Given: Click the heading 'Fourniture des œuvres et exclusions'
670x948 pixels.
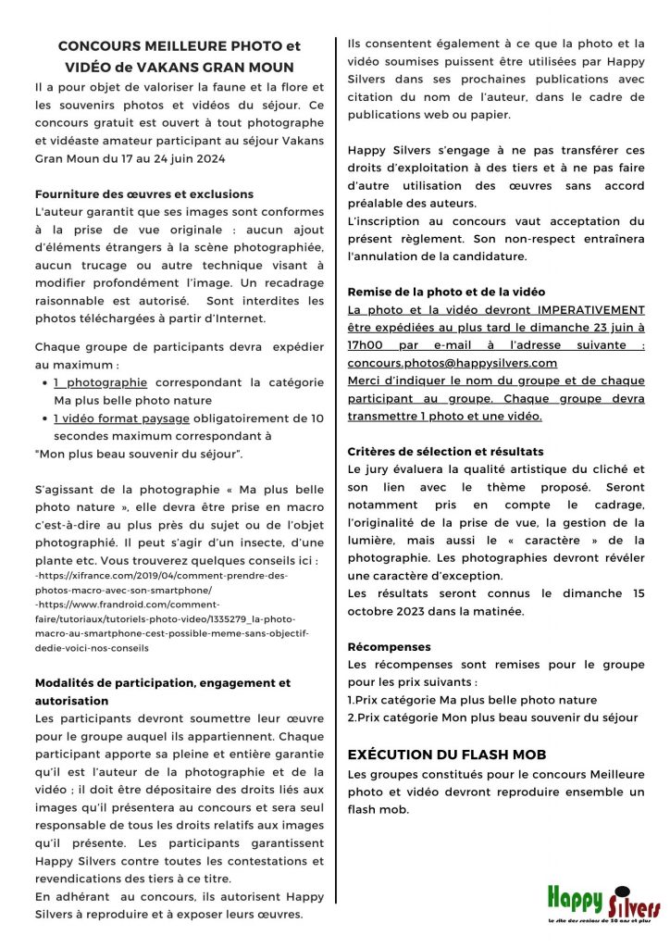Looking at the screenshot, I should click(x=143, y=194).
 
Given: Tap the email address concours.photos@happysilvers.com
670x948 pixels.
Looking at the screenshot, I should click(x=453, y=363).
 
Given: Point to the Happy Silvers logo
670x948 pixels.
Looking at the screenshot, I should click(x=603, y=903).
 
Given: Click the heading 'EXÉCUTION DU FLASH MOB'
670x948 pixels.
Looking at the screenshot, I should click(x=446, y=754).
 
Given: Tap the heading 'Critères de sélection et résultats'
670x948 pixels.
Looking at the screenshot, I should click(x=445, y=452).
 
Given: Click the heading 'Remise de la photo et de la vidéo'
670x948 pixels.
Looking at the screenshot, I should click(x=446, y=292).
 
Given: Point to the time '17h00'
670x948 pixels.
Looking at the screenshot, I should click(x=368, y=345).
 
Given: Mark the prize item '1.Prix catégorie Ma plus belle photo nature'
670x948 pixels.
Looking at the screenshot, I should click(x=472, y=700).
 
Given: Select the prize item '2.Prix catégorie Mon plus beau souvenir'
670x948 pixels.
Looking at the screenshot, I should click(x=492, y=717).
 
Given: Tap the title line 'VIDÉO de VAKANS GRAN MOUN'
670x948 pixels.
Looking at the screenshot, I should click(x=180, y=67).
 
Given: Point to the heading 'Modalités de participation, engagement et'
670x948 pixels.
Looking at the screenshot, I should click(x=162, y=682).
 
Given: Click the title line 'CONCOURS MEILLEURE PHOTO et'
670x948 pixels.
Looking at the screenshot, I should click(x=180, y=46).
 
